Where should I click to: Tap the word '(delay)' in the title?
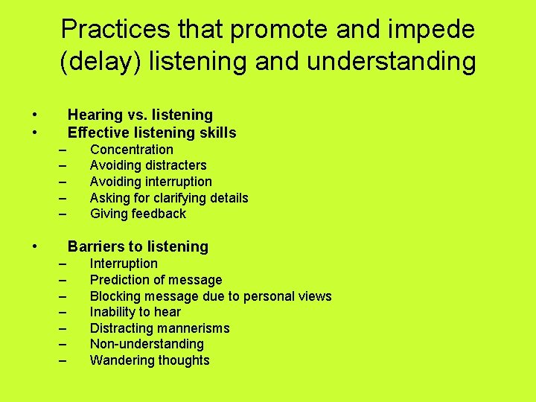(x=100, y=61)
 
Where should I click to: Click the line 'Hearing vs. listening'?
(x=140, y=115)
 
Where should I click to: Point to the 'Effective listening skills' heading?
(x=152, y=133)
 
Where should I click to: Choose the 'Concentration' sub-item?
(x=131, y=150)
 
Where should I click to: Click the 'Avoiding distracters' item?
(x=148, y=165)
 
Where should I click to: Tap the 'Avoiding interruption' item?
(x=150, y=182)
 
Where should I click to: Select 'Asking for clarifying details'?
(x=169, y=198)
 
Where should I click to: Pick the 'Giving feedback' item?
(x=138, y=214)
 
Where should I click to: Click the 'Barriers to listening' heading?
(x=138, y=246)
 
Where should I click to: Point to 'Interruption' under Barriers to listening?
(x=124, y=264)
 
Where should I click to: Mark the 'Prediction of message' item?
(x=156, y=280)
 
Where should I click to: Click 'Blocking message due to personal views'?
(x=211, y=296)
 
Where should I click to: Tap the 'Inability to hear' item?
(x=135, y=312)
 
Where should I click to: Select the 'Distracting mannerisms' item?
(x=159, y=328)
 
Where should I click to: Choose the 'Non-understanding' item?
(x=147, y=344)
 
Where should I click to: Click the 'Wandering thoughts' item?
(x=150, y=360)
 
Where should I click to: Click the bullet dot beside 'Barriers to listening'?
(x=35, y=246)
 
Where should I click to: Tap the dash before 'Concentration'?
(x=63, y=150)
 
